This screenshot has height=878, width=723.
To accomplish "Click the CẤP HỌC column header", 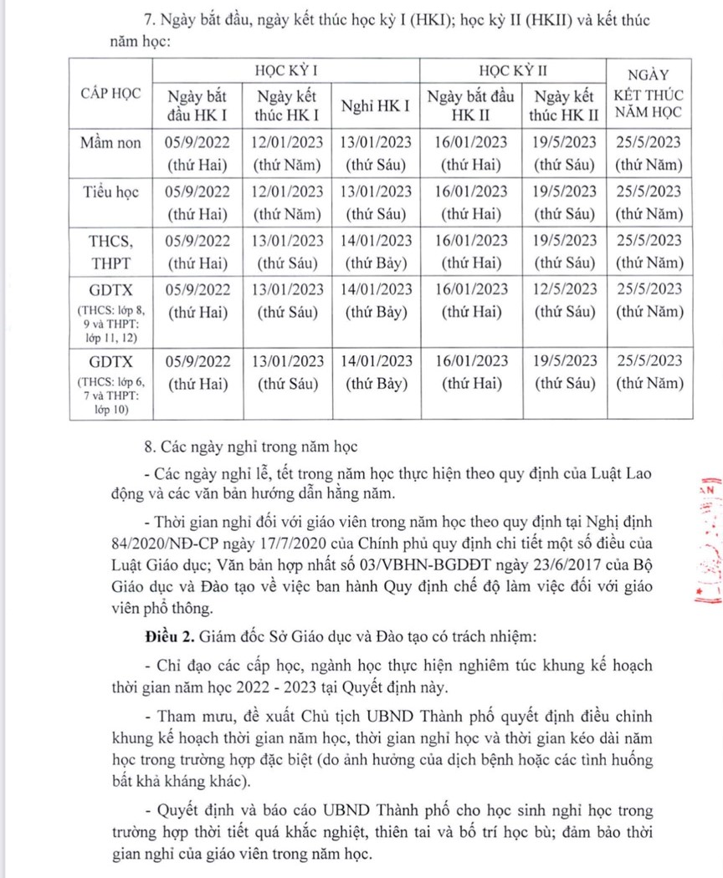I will pyautogui.click(x=111, y=91).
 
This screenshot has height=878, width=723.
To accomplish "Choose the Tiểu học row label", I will pyautogui.click(x=111, y=192).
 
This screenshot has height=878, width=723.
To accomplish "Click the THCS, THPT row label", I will pyautogui.click(x=111, y=252).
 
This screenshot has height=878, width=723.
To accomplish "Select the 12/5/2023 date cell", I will pyautogui.click(x=565, y=289).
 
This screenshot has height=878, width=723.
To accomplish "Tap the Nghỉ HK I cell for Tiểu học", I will pyautogui.click(x=376, y=191).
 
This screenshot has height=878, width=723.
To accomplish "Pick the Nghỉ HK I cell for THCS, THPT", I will pyautogui.click(x=376, y=241).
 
